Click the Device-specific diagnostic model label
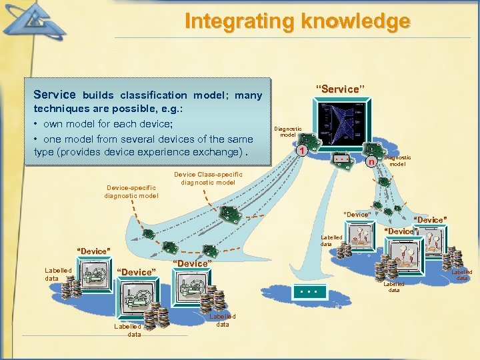pyautogui.click(x=131, y=192)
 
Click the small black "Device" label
pyautogui.click(x=357, y=214)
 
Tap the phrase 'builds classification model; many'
pyautogui.click(x=172, y=95)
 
